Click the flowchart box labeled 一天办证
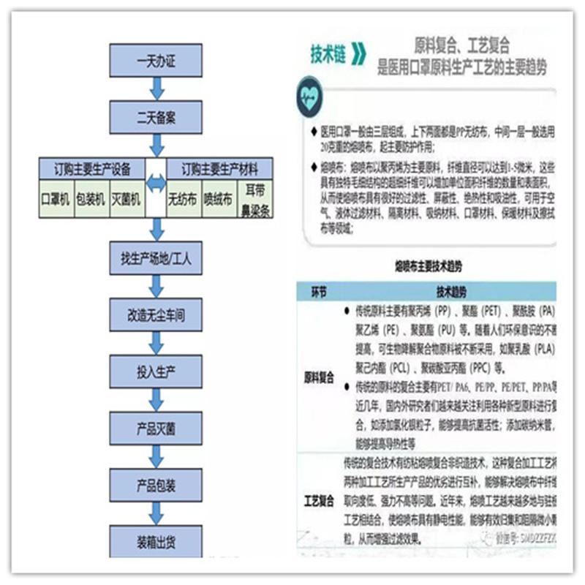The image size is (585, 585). coord(156,60)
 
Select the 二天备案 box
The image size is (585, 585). coord(156,117)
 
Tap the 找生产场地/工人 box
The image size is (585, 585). coord(156,257)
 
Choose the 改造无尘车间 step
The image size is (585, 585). coord(156,316)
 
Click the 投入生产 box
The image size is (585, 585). coord(156,372)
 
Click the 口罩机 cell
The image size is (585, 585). coord(56,199)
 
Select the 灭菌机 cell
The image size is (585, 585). coord(126,199)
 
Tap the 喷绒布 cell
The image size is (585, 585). coord(218,199)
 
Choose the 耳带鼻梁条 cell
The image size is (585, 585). coord(254,199)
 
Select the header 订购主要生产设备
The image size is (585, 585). coord(92,169)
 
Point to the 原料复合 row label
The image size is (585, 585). coord(319,379)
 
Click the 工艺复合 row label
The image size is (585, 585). coord(319,502)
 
